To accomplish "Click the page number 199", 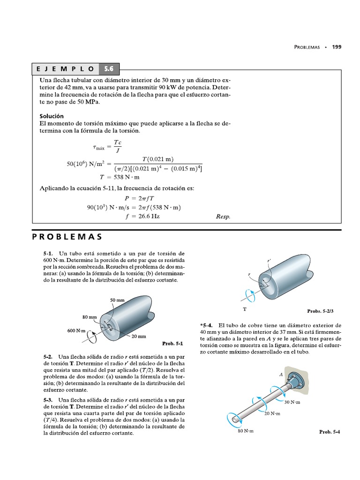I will pyautogui.click(x=337, y=47).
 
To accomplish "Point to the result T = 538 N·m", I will pyautogui.click(x=120, y=177).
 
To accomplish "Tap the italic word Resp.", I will pyautogui.click(x=223, y=217).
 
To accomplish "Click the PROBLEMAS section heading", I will pyautogui.click(x=67, y=236).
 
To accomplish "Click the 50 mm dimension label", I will pyautogui.click(x=117, y=300).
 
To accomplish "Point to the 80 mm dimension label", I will pyautogui.click(x=90, y=317).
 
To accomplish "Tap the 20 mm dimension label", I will pyautogui.click(x=139, y=337).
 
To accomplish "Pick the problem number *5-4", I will pyautogui.click(x=207, y=325).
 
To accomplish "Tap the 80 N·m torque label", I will pyautogui.click(x=245, y=431).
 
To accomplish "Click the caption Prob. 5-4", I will pyautogui.click(x=330, y=432).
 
